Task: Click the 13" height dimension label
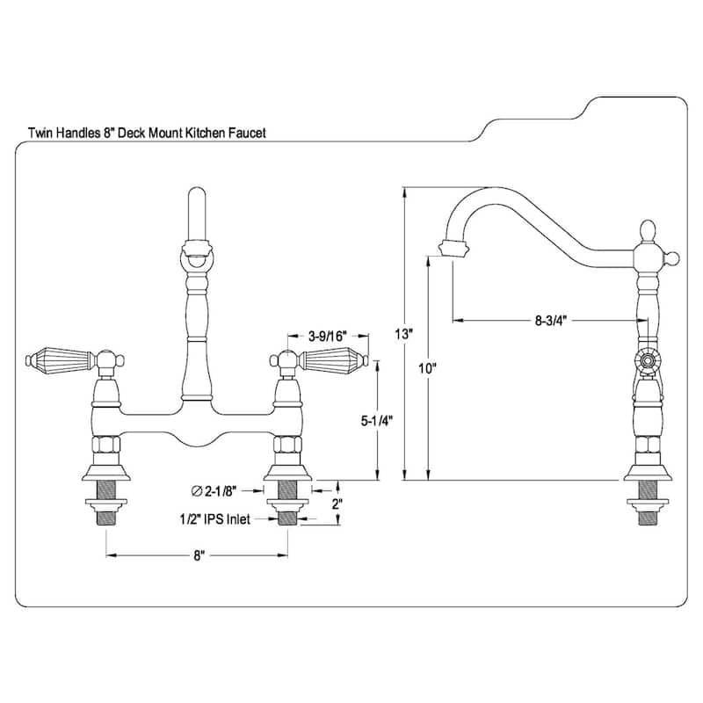coord(403,334)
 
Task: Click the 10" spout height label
coord(428,369)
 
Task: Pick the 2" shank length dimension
coord(337,504)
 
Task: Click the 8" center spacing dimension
coord(199,555)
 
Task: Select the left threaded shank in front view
coord(107,516)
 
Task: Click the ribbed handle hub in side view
coord(647,360)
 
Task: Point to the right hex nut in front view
coord(287,445)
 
